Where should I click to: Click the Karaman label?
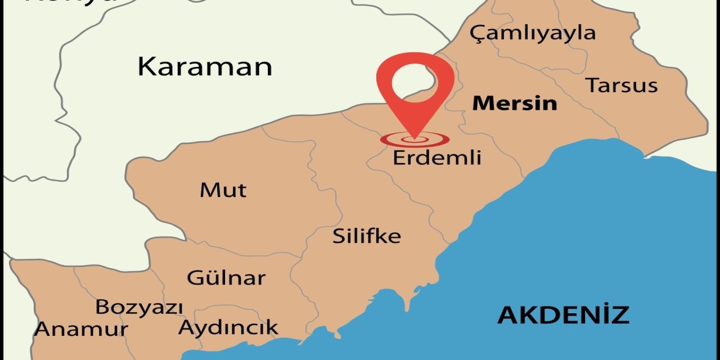coord(205,66)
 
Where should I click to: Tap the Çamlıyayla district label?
coord(532,33)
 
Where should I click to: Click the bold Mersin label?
coord(514,103)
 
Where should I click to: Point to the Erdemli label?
coord(436,157)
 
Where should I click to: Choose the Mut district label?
coord(223,190)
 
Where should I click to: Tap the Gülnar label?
coord(226,277)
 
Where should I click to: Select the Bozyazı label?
coord(139,308)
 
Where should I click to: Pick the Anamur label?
coord(81,329)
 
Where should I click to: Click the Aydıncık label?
coord(228,327)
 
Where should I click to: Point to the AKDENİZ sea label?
coord(563,315)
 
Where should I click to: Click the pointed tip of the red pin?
coord(415,136)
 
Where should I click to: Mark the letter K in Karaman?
coord(147,66)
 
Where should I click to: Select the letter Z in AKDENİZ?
coord(619,315)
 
